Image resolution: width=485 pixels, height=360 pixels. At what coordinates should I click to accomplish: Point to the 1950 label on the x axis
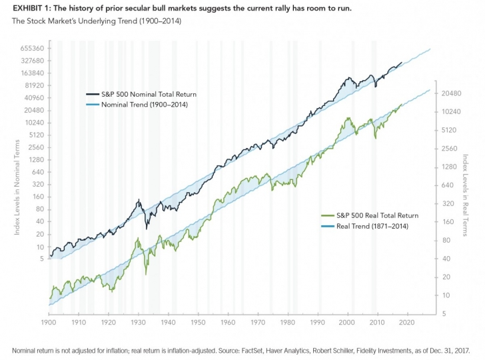pyautogui.click(x=198, y=322)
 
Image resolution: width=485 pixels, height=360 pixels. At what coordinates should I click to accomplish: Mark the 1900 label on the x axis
pyautogui.click(x=48, y=322)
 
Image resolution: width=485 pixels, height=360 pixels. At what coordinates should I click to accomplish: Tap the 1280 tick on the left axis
pyautogui.click(x=35, y=160)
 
